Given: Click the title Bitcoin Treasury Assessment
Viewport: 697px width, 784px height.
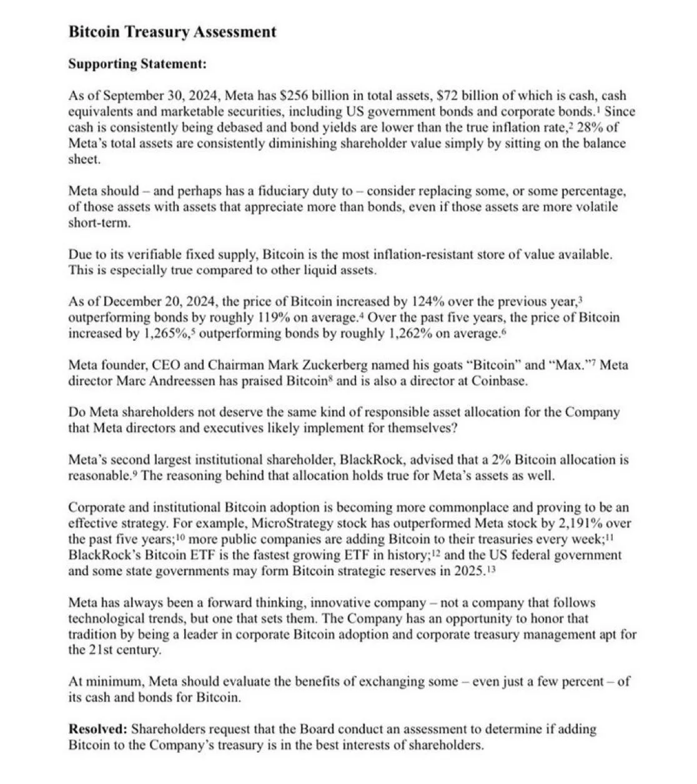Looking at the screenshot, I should [x=172, y=32].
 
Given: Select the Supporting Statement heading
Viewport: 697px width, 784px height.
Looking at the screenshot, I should [x=137, y=64].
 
